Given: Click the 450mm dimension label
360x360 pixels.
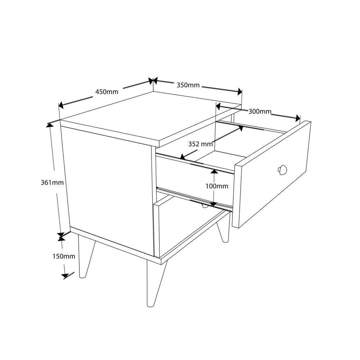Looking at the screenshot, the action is [107, 92].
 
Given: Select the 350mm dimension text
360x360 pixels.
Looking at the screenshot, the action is [188, 85].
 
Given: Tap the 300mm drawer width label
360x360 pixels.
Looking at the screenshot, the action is [260, 112].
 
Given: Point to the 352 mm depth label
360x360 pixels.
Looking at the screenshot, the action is [201, 144].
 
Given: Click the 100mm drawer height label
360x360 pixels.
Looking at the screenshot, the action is [217, 186].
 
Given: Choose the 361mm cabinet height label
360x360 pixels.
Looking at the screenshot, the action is [52, 183].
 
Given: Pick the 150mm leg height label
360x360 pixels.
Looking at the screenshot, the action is [64, 256].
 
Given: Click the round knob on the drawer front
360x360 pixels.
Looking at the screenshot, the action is [282, 170].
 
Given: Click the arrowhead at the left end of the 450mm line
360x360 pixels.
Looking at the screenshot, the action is [61, 105].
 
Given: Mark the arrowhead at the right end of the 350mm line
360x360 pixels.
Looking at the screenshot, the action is [240, 92].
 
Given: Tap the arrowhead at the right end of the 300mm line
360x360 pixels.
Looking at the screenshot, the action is [298, 118].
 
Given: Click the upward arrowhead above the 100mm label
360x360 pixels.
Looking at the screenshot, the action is [214, 171].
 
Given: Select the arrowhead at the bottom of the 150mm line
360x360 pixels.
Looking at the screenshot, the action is [65, 276].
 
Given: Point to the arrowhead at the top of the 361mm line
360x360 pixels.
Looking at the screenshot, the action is [50, 125].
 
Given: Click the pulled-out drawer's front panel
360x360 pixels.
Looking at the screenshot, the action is [271, 175].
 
